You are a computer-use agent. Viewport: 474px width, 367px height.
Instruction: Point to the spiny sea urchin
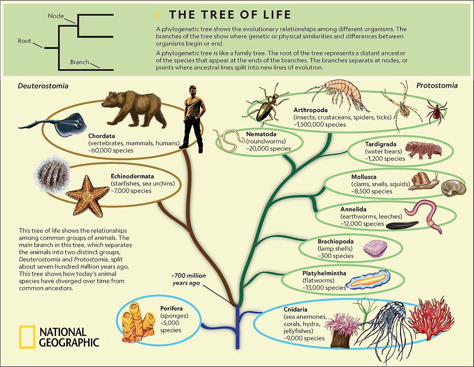pyautogui.click(x=52, y=174)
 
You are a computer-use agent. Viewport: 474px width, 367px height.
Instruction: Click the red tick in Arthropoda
pyautogui.click(x=436, y=111)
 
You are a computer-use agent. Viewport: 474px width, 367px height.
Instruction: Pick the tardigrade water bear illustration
pyautogui.click(x=423, y=149)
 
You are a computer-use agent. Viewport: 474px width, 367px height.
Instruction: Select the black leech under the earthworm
pyautogui.click(x=402, y=225)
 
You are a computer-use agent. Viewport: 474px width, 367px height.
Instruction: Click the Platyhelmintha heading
pyautogui.click(x=324, y=273)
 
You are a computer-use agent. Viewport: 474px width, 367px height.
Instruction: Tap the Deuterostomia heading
pyautogui.click(x=43, y=86)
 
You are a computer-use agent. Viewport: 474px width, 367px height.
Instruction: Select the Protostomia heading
pyautogui.click(x=437, y=85)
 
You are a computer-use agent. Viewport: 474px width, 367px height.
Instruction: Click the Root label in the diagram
pyautogui.click(x=25, y=41)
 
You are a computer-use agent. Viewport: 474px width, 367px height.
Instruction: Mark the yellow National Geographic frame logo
pyautogui.click(x=27, y=337)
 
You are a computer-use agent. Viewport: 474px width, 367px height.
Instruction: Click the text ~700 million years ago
pyautogui.click(x=189, y=279)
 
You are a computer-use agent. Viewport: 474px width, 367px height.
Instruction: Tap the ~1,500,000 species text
pyautogui.click(x=320, y=124)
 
